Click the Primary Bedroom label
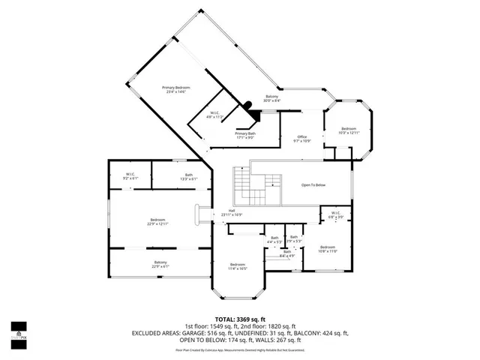tap(176, 89)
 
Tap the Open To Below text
tap(313, 184)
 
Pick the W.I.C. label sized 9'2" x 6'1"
tap(131, 176)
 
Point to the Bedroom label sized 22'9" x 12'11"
tap(157, 222)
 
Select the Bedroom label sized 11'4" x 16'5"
tap(237, 266)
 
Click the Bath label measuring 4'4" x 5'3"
tap(274, 240)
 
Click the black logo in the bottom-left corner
tap(18, 331)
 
